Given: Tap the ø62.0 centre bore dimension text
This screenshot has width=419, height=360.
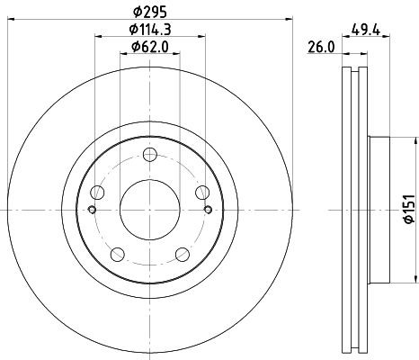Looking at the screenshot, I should (x=150, y=49).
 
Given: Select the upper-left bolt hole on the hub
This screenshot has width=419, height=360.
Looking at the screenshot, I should (x=100, y=192).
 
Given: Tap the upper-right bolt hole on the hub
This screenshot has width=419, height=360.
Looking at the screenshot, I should (x=201, y=192).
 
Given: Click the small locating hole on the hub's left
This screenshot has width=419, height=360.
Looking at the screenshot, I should (x=93, y=211).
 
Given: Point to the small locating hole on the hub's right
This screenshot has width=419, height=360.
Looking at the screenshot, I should (x=208, y=211).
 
